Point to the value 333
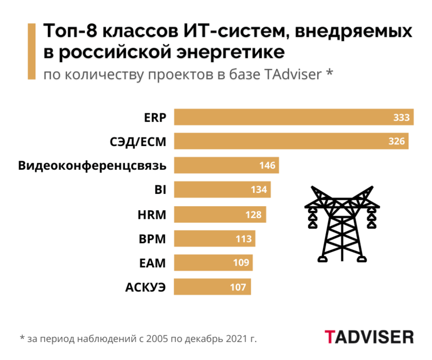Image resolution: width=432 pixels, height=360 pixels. point(401,117)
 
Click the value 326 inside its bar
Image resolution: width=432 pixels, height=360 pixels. point(396,141)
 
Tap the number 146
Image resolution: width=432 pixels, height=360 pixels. point(267,166)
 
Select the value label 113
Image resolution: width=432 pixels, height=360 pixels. point(243,239)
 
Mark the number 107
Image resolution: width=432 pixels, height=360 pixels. point(238,287)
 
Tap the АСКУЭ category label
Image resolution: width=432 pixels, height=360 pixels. point(145,287)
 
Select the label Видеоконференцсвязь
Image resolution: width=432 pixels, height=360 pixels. point(93,166)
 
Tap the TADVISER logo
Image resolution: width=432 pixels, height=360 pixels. point(369,337)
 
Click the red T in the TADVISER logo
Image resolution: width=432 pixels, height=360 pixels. point(329,337)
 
